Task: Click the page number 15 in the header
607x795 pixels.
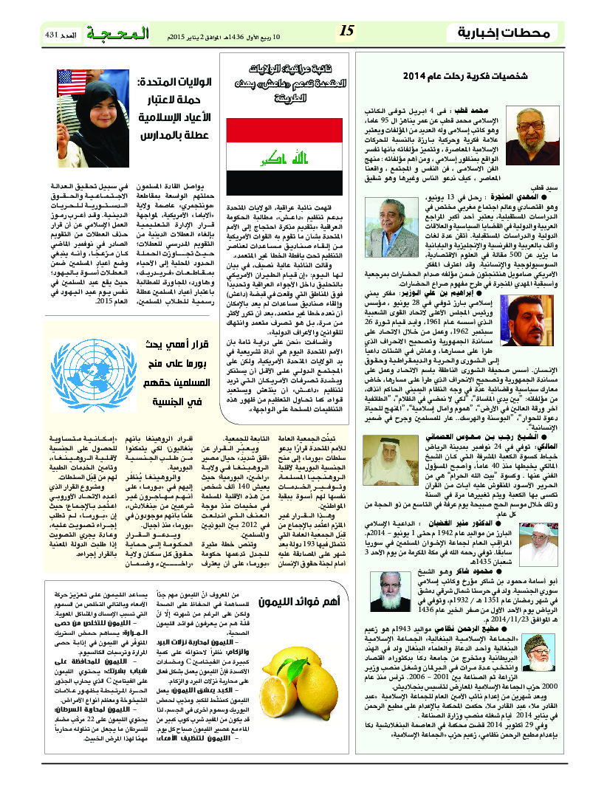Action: tap(347, 31)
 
